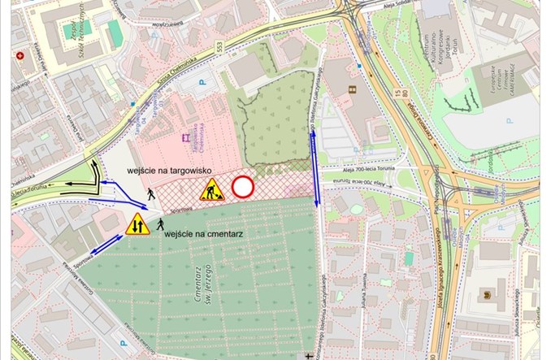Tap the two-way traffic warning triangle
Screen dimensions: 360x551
pos(137,223)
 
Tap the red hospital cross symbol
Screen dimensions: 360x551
pos(20,56)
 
